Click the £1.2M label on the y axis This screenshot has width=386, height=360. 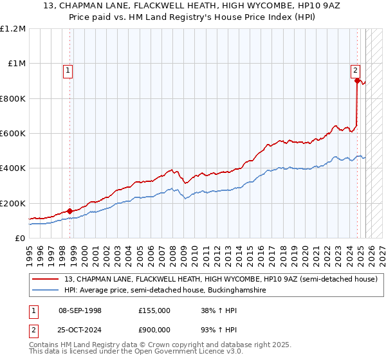point(13,29)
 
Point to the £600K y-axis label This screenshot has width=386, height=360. point(13,134)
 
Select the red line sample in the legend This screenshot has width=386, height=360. point(45,280)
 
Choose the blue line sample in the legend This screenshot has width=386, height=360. point(45,291)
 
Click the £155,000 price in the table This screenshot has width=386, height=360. point(154,310)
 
